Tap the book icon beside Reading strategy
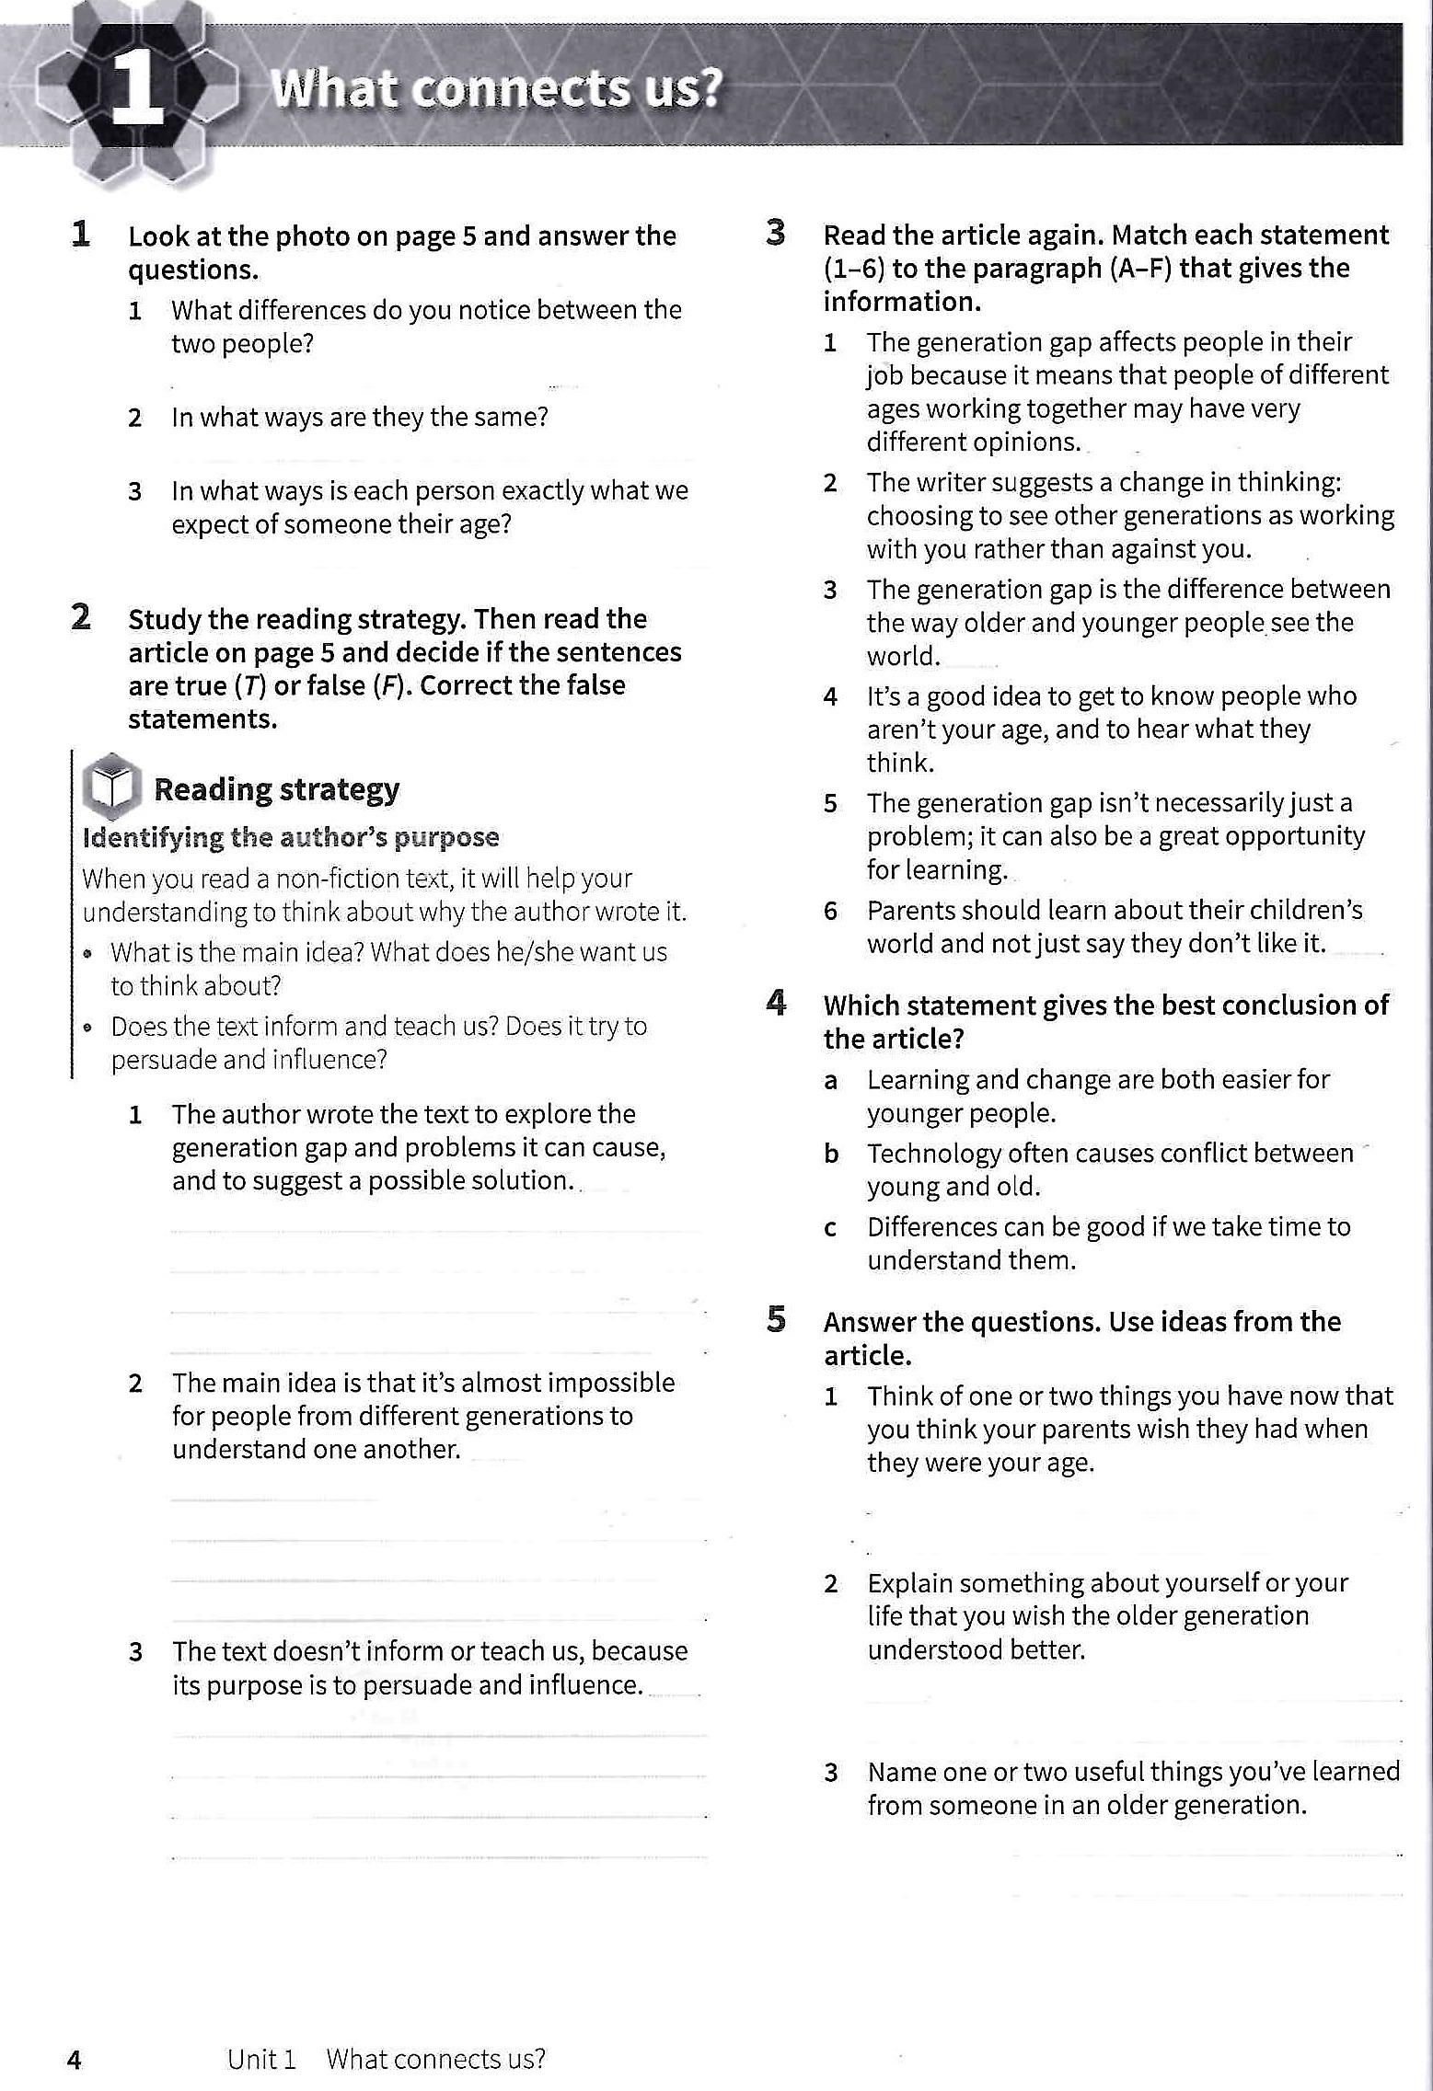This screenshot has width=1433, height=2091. [111, 787]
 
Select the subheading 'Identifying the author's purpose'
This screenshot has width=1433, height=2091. [291, 837]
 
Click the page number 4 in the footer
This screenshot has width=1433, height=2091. [75, 2059]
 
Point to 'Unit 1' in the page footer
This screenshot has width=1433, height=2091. [261, 2059]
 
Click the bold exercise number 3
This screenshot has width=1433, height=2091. [776, 233]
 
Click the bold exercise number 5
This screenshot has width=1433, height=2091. [776, 1320]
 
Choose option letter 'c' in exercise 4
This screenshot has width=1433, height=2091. [830, 1228]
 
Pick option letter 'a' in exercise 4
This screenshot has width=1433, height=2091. [830, 1081]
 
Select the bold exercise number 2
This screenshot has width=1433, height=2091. [81, 617]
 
